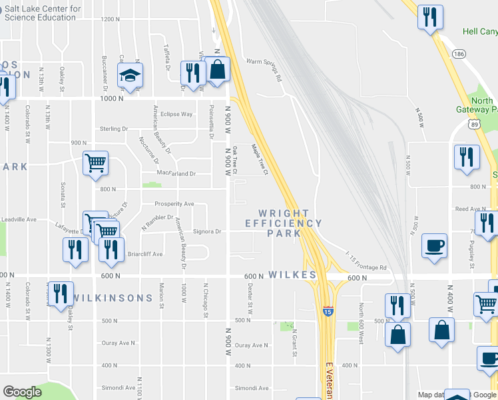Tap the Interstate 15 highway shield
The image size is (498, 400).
click(328, 311)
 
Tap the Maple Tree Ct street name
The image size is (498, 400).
click(259, 160)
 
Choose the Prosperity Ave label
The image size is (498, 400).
click(174, 203)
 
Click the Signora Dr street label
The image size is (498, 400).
click(206, 231)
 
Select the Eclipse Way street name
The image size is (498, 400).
click(176, 114)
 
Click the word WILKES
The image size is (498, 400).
click(292, 275)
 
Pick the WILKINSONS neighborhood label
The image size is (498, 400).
click(113, 297)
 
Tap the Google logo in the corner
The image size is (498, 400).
click(22, 392)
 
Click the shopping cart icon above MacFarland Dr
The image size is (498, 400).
click(96, 162)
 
